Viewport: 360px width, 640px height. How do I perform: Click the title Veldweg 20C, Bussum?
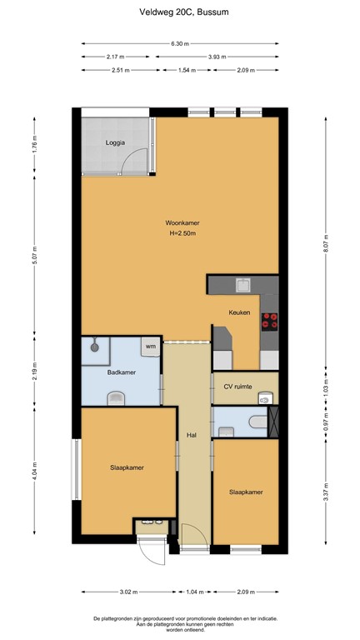180,13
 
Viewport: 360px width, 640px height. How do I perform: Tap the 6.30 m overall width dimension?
180,43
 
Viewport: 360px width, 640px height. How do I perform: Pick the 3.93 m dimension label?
219,57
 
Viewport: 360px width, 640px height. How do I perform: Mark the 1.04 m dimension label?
192,592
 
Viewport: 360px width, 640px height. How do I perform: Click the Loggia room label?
115,142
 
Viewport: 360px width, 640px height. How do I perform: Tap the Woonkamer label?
182,223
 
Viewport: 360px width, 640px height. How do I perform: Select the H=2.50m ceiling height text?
182,234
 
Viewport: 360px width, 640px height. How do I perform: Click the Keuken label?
241,313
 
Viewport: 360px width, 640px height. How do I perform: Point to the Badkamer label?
122,372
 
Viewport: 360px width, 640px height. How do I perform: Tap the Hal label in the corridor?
191,435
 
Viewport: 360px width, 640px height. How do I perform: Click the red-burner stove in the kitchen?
269,321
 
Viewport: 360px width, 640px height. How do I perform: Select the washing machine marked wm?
151,347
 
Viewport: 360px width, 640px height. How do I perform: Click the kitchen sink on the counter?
242,286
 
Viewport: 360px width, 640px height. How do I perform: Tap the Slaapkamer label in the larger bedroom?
127,467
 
